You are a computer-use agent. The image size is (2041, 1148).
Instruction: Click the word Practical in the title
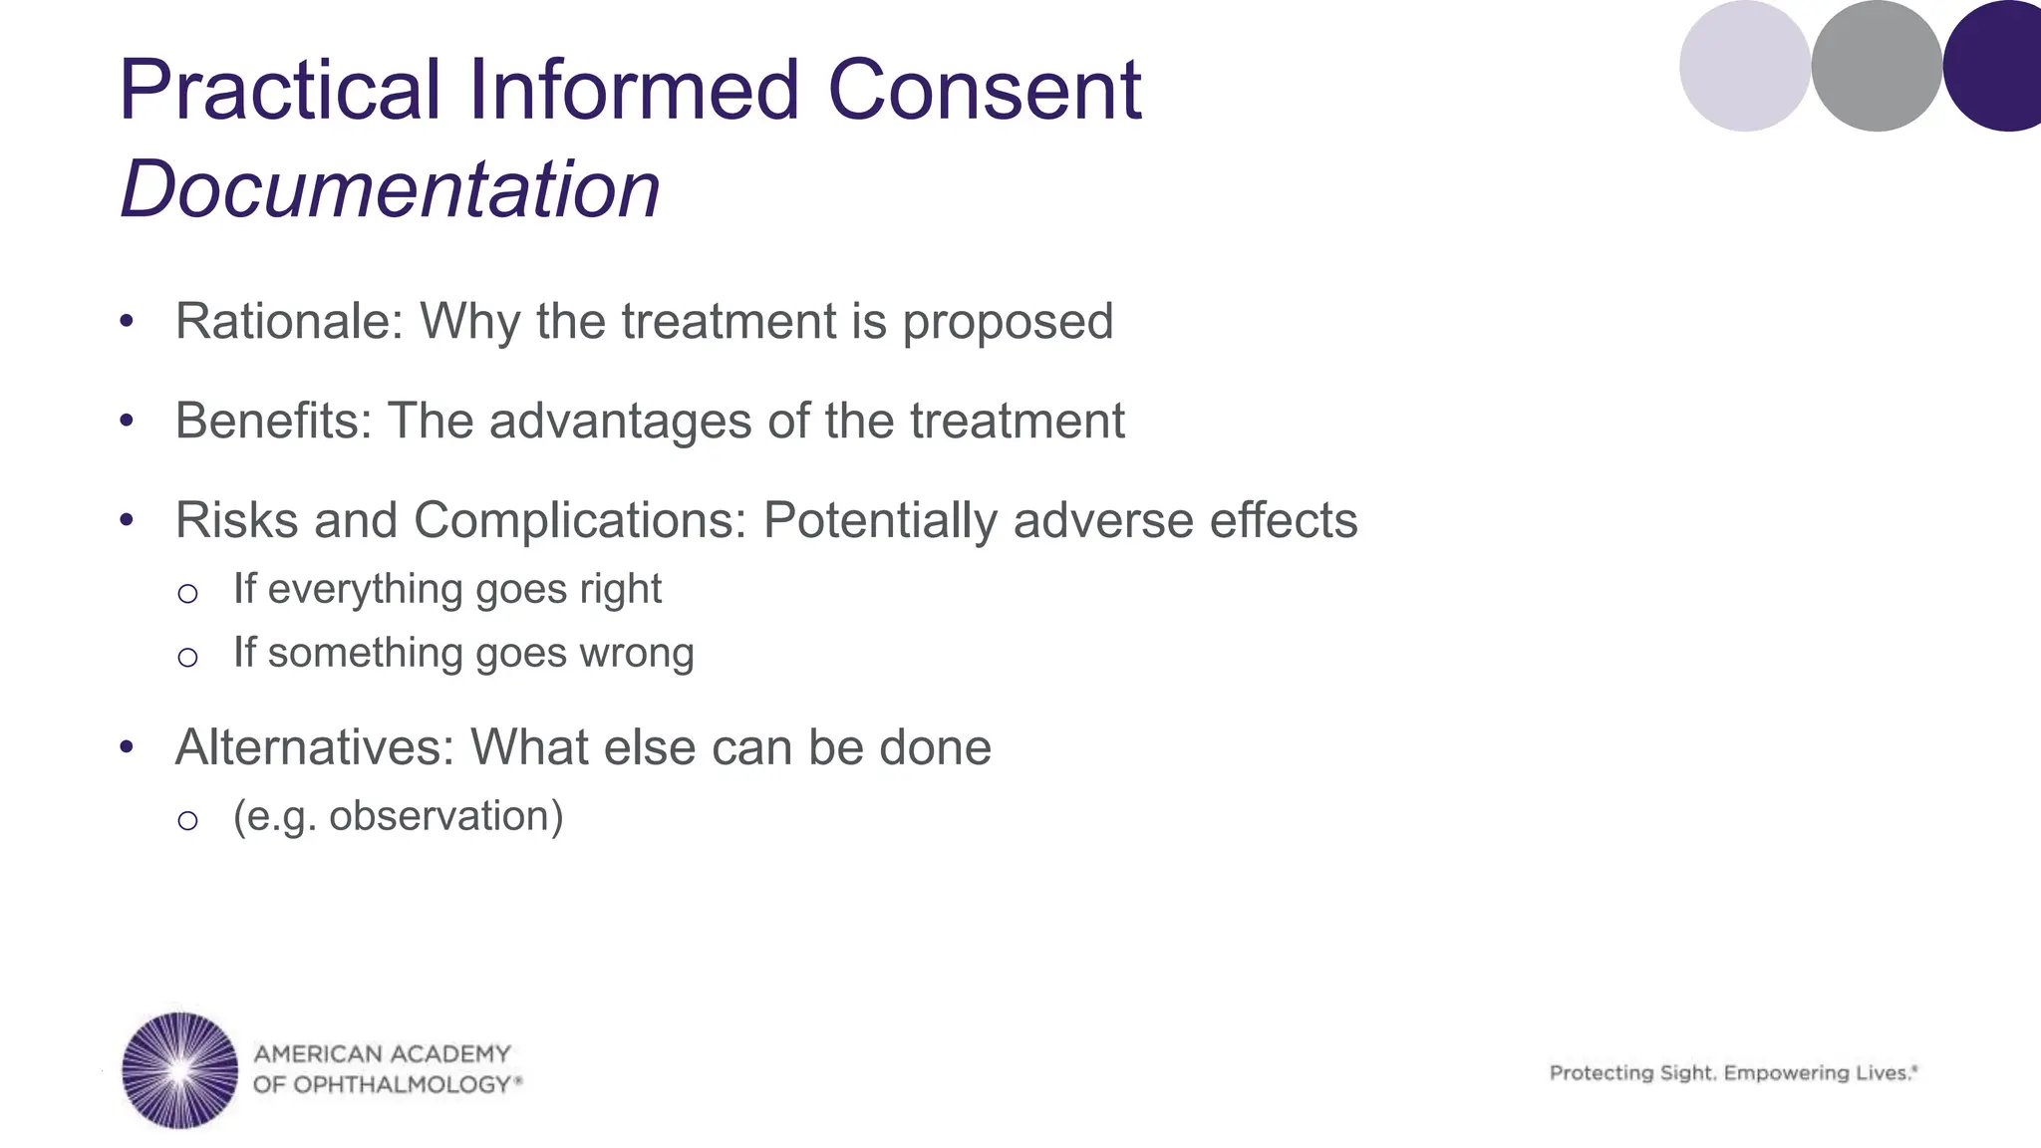(279, 91)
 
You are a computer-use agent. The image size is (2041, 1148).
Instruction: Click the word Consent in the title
(984, 91)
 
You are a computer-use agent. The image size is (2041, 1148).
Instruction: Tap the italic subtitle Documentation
(390, 189)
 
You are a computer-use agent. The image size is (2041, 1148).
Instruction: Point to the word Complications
(580, 521)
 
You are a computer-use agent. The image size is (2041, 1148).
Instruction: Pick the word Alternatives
(314, 747)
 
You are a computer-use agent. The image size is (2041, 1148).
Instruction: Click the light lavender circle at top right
(1744, 66)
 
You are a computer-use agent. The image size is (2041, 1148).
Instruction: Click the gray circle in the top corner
(1876, 66)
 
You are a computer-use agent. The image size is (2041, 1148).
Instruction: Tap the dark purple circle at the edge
(1997, 66)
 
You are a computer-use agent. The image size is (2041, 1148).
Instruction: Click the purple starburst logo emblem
(179, 1070)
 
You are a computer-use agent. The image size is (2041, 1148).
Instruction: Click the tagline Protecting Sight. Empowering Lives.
(1732, 1073)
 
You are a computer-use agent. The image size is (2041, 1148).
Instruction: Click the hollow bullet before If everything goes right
(187, 594)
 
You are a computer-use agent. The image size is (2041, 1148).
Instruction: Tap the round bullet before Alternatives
(126, 747)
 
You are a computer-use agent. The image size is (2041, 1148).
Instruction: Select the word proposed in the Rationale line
(1008, 322)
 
